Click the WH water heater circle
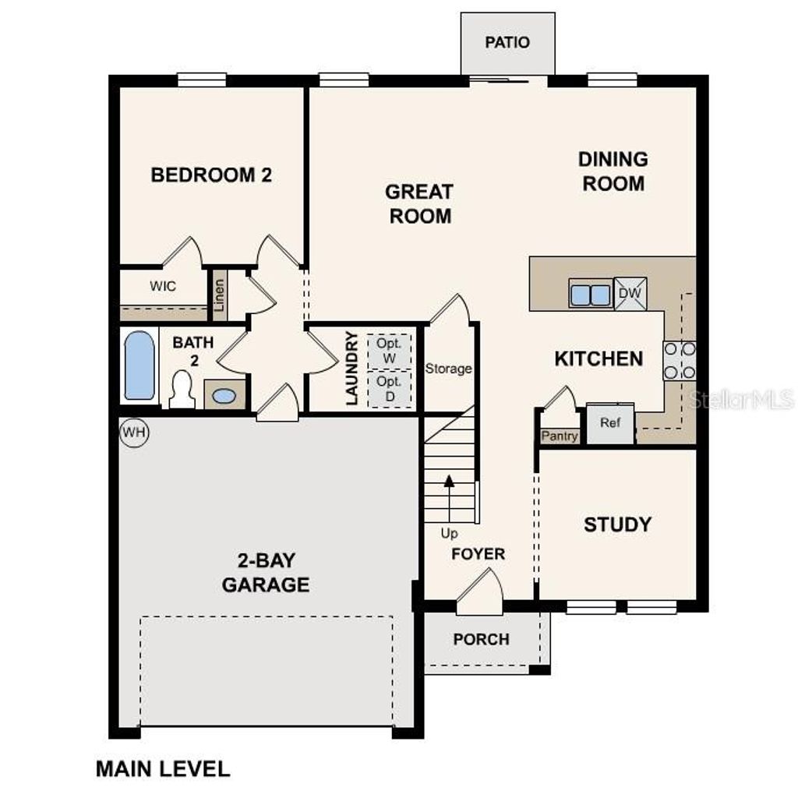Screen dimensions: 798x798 [134, 433]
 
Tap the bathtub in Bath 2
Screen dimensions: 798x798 [139, 365]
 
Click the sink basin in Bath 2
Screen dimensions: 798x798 [224, 396]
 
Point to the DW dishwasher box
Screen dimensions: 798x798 [630, 294]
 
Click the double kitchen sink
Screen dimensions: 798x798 [590, 295]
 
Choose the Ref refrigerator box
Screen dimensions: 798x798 [609, 423]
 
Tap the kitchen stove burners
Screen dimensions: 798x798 [679, 361]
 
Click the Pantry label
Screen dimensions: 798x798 [560, 436]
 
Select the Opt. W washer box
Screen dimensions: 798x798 [388, 350]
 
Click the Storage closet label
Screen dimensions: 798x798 [448, 369]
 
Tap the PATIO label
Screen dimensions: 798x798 [507, 42]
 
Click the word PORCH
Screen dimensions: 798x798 [482, 639]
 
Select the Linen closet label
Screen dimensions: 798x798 [219, 295]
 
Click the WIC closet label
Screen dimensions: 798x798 [163, 286]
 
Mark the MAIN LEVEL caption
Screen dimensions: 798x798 [163, 769]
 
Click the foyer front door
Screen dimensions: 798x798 [479, 592]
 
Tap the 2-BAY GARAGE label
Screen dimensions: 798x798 [266, 572]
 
